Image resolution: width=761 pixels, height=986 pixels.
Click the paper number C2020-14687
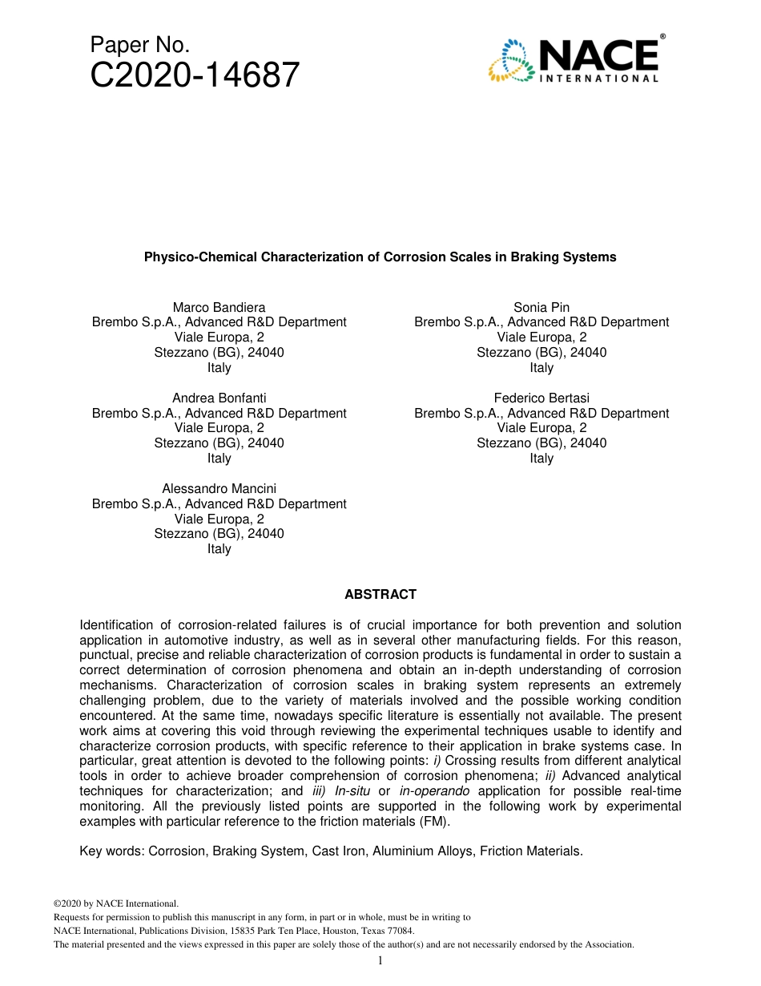(x=195, y=76)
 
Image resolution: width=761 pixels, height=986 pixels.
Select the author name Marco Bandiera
(x=219, y=307)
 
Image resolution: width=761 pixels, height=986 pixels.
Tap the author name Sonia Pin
(x=542, y=307)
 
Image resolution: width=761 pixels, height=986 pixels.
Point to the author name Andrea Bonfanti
(x=219, y=398)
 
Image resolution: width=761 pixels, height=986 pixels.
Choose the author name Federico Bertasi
(x=542, y=398)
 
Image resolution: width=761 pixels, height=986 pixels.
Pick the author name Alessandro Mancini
(x=219, y=488)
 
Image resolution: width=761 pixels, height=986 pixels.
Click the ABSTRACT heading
(x=380, y=594)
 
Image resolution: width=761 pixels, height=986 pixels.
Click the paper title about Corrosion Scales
(x=380, y=257)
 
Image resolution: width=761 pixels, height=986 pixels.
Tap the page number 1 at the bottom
(x=380, y=961)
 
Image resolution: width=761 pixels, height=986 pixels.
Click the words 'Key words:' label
(x=112, y=851)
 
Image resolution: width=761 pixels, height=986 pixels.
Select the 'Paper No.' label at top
(x=140, y=45)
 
